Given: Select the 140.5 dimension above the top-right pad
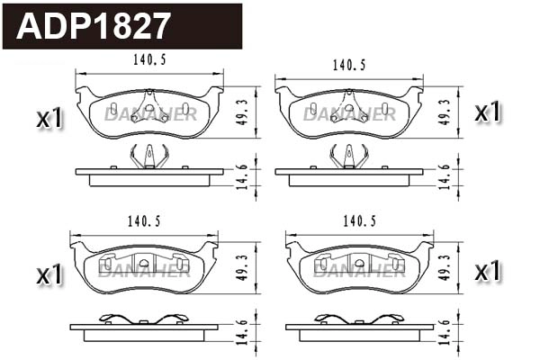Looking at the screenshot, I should [x=349, y=65].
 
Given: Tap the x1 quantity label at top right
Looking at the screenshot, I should [x=487, y=112].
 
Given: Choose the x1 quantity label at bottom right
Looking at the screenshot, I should [x=487, y=271].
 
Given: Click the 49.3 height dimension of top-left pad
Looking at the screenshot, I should [x=241, y=110].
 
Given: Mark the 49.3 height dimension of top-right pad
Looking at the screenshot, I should [x=443, y=110].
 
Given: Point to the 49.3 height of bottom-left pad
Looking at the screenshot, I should [x=241, y=267].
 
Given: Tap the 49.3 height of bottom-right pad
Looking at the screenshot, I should [x=443, y=267].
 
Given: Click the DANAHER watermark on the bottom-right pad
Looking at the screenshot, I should [x=358, y=270].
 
